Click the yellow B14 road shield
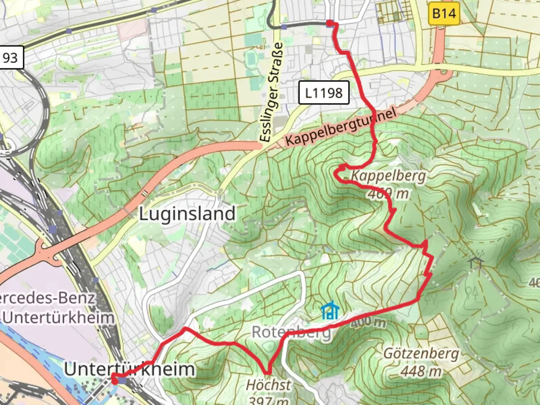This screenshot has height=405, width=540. (444, 14)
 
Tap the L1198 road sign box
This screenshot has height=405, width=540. (324, 93)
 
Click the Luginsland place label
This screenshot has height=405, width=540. (187, 214)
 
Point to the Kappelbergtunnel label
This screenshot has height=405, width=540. (340, 128)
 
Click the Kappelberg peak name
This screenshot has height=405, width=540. (388, 175)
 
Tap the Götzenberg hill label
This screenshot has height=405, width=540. (421, 353)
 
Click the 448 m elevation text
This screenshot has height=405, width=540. (421, 371)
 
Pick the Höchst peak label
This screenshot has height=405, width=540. (268, 385)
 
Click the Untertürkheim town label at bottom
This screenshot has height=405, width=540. (129, 369)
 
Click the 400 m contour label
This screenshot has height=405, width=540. (368, 322)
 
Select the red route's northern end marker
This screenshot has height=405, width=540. (330, 24)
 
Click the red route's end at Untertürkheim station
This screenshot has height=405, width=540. (114, 380)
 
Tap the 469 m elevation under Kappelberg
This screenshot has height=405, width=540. (388, 193)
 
